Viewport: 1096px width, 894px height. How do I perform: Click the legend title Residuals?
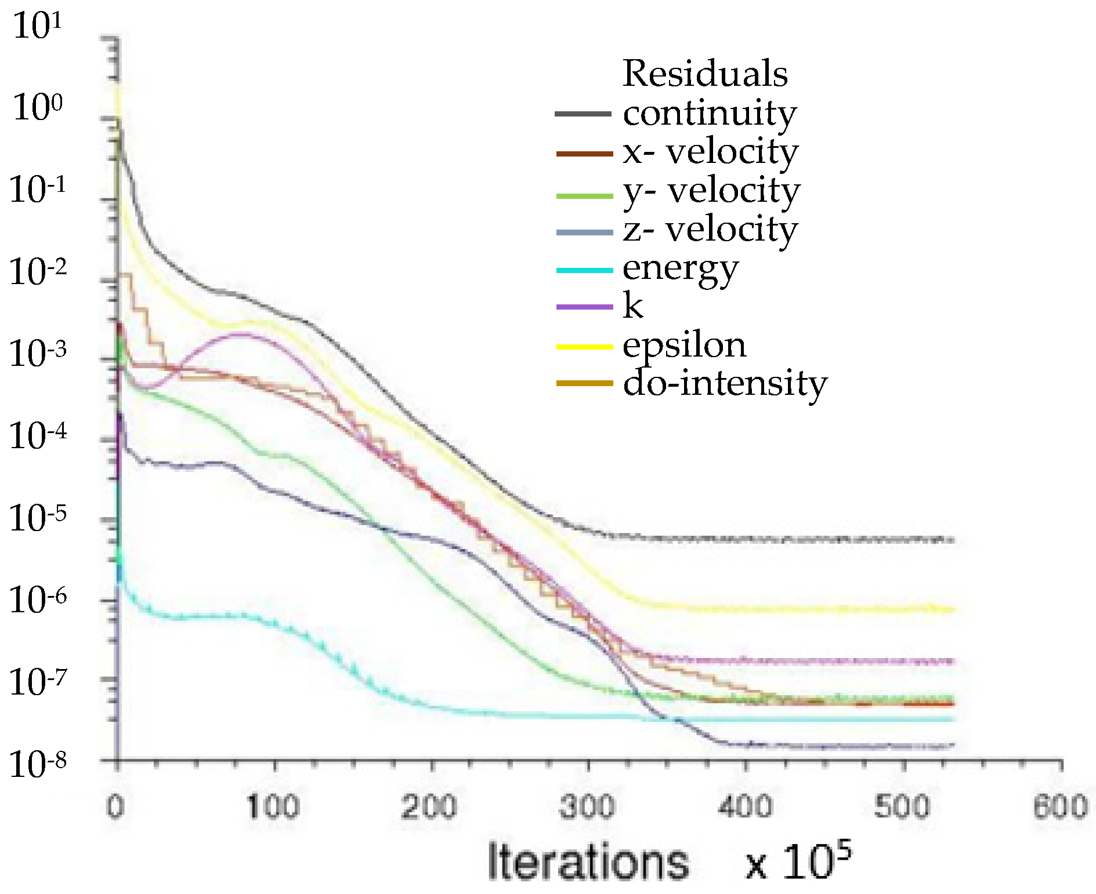705,74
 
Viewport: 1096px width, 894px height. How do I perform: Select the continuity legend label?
709,113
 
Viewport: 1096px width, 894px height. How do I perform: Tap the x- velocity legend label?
711,152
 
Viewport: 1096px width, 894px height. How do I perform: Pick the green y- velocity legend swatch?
584,196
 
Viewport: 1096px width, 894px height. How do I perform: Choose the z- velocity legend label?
710,230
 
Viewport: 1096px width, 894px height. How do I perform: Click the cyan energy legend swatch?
584,270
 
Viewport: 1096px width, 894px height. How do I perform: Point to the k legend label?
633,306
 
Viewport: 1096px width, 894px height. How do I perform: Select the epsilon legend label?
685,346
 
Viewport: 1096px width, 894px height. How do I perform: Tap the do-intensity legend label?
725,384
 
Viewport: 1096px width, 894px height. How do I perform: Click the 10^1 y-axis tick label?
36,27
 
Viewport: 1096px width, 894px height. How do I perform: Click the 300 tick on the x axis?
587,807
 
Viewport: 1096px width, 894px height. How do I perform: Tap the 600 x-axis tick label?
1059,807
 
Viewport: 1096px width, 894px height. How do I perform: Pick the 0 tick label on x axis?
116,807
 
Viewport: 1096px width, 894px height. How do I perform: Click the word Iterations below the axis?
588,862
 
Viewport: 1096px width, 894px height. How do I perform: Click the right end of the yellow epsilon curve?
952,609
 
